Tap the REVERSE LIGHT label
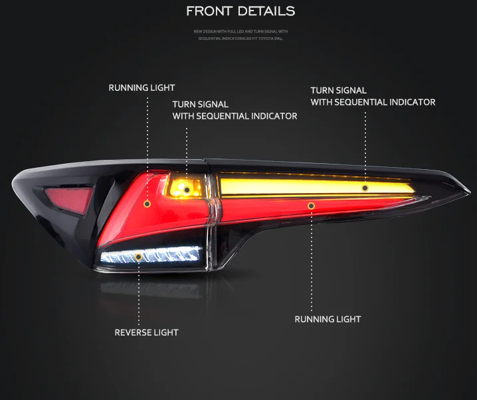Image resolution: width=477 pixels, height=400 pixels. coord(146,332)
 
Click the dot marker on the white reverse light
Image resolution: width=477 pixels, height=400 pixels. coord(138,255)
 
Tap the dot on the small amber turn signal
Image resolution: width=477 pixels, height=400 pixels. coord(187,190)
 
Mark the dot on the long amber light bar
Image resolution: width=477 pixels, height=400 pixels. coord(365,188)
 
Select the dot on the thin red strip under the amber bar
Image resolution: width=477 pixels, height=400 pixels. coord(311,206)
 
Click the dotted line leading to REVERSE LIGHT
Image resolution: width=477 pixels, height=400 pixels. coord(138,292)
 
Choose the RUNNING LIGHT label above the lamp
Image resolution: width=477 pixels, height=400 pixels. coord(142,88)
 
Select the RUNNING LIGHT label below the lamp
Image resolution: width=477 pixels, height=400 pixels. coord(328,319)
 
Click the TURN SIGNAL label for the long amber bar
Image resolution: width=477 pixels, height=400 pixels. coord(372,96)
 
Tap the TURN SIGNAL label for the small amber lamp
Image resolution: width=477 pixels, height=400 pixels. coord(234,110)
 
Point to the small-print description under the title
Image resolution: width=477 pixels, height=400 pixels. coord(240,34)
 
